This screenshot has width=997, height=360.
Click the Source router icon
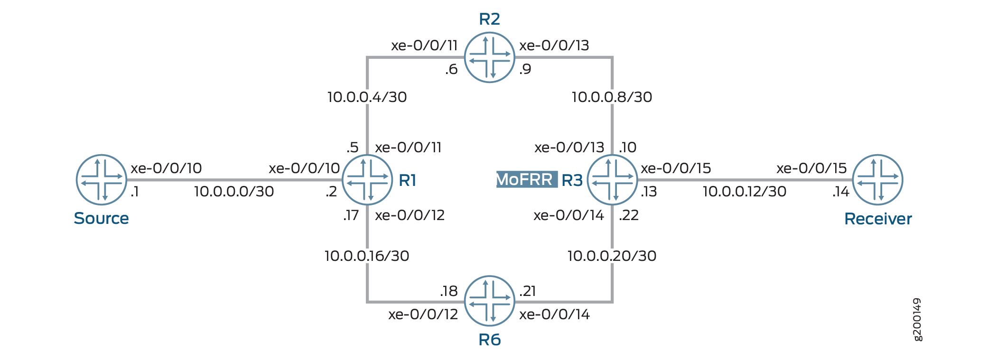(x=101, y=180)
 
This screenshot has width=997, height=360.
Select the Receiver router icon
(x=877, y=180)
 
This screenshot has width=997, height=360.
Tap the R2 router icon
(x=489, y=57)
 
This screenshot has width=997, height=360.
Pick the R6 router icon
(x=489, y=301)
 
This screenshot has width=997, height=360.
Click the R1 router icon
(x=367, y=180)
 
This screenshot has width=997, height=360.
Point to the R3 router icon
(x=612, y=180)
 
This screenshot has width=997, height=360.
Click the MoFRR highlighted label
(x=527, y=180)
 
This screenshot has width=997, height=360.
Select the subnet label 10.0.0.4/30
(x=367, y=97)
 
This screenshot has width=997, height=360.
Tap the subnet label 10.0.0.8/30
(x=612, y=97)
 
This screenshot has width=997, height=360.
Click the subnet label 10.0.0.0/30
(x=234, y=192)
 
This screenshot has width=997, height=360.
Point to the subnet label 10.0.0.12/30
(x=745, y=192)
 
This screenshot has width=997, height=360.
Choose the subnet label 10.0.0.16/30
(x=367, y=256)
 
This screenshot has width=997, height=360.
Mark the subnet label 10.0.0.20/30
(x=612, y=256)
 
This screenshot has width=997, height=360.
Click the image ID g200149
(x=917, y=319)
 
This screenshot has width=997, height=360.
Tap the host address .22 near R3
(x=629, y=215)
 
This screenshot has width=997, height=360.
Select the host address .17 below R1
(x=351, y=215)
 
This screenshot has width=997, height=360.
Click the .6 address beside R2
(x=451, y=69)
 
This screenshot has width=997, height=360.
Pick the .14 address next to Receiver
(x=840, y=192)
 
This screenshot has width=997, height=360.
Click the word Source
(x=101, y=218)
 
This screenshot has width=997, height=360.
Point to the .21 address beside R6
(x=527, y=291)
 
